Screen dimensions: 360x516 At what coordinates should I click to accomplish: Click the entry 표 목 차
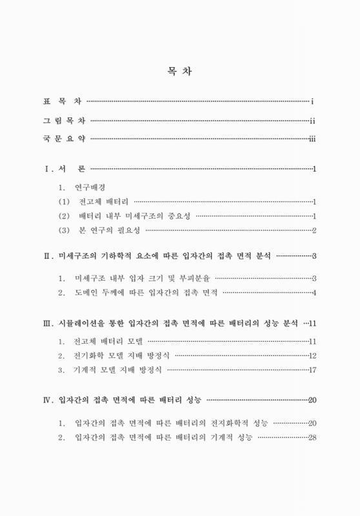point(62,102)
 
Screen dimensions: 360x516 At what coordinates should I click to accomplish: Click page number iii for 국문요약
point(312,138)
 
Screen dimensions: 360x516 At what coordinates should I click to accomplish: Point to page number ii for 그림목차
point(312,120)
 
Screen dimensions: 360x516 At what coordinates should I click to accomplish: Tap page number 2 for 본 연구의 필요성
point(314,230)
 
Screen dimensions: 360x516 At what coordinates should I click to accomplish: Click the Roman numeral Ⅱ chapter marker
point(47,257)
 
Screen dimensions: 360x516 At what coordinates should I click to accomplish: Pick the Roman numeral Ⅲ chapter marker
point(47,322)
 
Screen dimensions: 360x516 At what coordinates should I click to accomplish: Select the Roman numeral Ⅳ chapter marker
point(47,401)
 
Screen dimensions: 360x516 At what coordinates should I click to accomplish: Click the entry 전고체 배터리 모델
point(107,341)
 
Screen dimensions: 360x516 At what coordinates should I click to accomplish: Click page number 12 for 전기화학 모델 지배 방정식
point(312,355)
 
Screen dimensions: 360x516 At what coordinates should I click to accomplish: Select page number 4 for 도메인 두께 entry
point(314,293)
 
